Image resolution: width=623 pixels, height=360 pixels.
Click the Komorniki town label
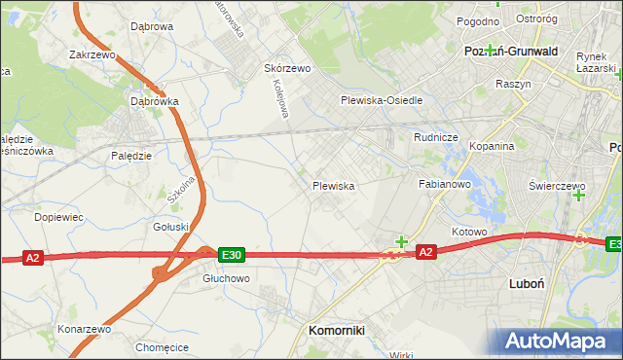click(x=336, y=331)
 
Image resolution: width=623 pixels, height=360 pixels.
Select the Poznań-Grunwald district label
click(x=510, y=51)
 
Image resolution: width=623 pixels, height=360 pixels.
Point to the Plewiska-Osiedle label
click(x=382, y=100)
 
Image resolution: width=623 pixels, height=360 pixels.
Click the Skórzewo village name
click(x=287, y=69)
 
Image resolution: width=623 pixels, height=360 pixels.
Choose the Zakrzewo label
click(x=93, y=55)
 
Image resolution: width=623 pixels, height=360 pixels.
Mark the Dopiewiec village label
click(x=58, y=217)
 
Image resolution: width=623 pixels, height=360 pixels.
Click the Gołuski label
click(x=171, y=227)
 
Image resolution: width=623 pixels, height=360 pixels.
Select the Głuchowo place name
click(x=226, y=278)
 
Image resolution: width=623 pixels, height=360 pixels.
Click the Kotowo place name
click(x=468, y=233)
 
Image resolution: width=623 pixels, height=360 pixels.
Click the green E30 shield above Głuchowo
click(x=230, y=255)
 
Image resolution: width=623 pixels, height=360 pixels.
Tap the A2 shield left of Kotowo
click(x=425, y=252)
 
